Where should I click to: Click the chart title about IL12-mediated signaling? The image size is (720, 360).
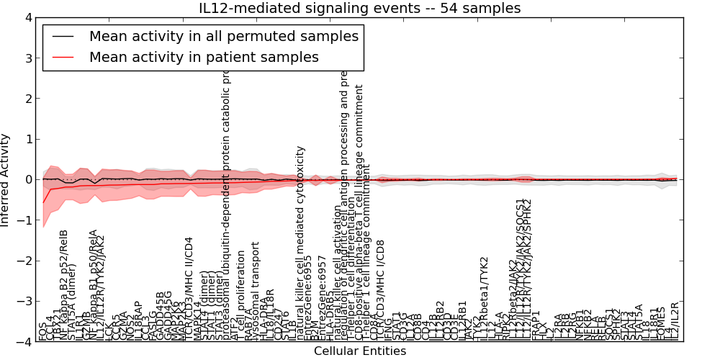point(360,8)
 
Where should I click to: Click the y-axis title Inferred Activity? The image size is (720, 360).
point(6,179)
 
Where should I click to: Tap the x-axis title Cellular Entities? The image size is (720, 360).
point(360,351)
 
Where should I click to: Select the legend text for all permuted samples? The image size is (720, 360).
point(223,36)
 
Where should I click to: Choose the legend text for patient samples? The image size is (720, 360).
point(204,57)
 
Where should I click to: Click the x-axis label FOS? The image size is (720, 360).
point(43,333)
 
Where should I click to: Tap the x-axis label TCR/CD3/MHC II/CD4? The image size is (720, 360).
point(189,288)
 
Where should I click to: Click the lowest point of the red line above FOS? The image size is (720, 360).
point(43,202)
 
